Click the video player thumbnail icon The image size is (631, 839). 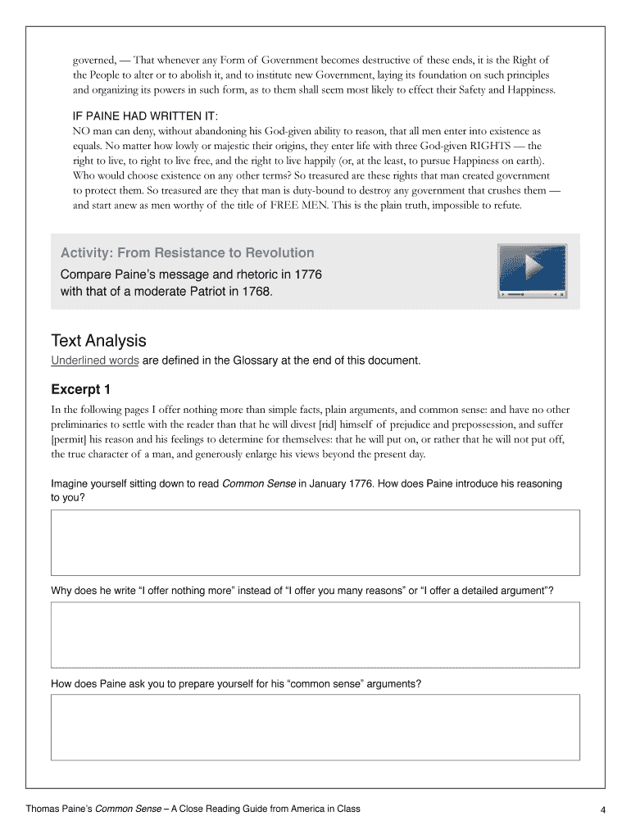point(532,270)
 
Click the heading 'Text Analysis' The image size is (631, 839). point(98,340)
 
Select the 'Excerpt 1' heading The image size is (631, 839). point(80,388)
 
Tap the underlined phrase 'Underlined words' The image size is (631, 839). point(95,361)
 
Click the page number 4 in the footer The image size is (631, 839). point(602,811)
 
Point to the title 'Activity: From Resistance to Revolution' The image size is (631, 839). point(187,253)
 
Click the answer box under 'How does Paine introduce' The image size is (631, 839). point(315,542)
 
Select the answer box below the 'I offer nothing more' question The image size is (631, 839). point(315,635)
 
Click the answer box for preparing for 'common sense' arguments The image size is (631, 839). point(315,727)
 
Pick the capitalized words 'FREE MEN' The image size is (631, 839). point(299,206)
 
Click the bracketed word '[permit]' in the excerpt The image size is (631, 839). point(70,439)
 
